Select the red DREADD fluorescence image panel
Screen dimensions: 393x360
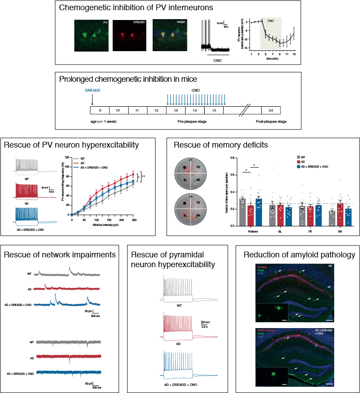coord(129,35)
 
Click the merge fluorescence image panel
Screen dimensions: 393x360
coord(169,35)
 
